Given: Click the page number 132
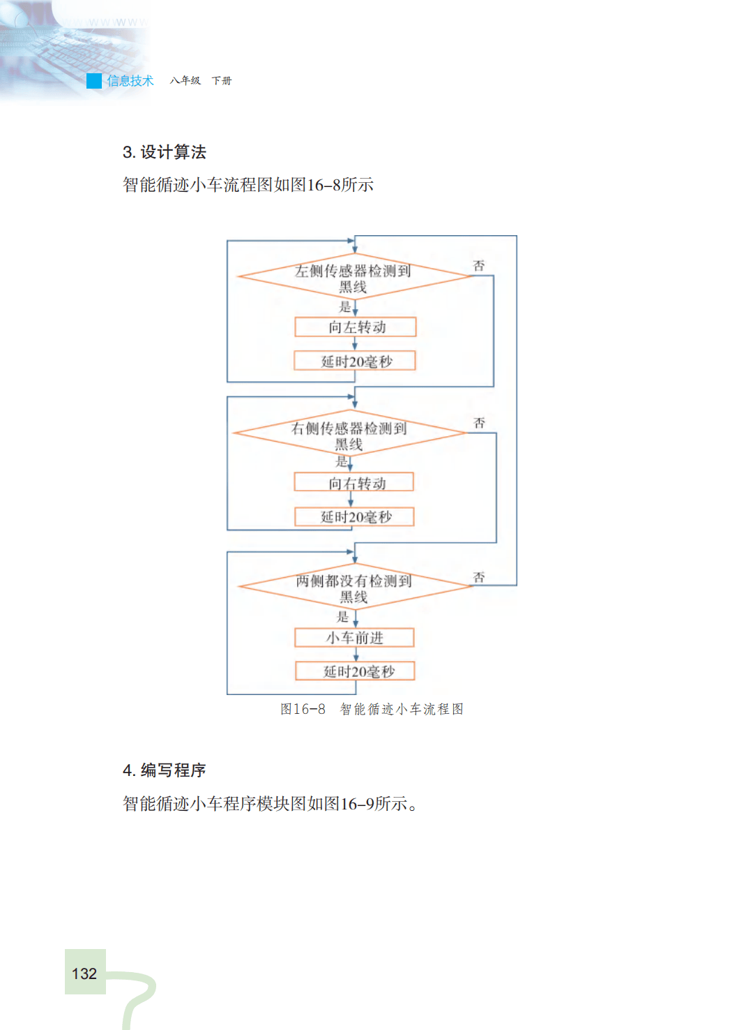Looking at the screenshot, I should tap(84, 973).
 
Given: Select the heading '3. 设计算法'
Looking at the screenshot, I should tap(165, 152).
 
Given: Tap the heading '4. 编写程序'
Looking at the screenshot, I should tap(165, 770).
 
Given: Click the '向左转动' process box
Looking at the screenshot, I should tap(356, 327).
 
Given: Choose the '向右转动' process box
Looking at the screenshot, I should tap(354, 482).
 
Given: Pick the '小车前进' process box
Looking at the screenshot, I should tap(354, 637).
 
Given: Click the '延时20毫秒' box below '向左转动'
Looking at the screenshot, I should tap(356, 361).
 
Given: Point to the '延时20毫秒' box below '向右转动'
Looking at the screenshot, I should tap(355, 516).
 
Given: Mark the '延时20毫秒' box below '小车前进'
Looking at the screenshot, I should tap(356, 671).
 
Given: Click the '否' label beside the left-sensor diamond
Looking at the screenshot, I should tap(479, 266).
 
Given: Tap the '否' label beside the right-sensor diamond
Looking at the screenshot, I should tap(480, 423).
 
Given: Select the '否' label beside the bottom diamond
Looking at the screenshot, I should tap(479, 577).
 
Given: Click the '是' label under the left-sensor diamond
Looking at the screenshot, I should tap(344, 306).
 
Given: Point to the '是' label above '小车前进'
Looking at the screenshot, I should tap(343, 616).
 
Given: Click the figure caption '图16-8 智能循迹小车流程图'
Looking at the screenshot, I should tap(372, 709).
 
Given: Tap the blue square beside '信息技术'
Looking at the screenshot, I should tap(94, 81).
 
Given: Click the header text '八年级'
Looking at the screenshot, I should tap(185, 81).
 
